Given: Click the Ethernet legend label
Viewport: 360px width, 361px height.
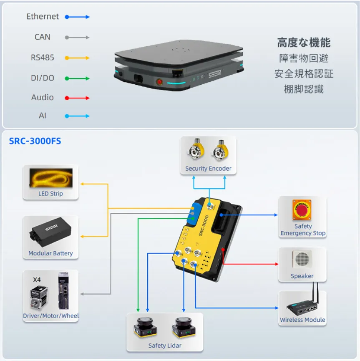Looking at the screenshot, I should pyautogui.click(x=43, y=17).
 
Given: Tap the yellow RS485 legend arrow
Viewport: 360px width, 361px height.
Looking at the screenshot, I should pyautogui.click(x=77, y=58).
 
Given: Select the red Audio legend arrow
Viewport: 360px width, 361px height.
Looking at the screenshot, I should pyautogui.click(x=77, y=98).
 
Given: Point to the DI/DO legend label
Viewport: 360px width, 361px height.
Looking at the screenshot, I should pyautogui.click(x=43, y=78).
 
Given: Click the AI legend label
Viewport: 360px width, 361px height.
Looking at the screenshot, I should pyautogui.click(x=43, y=116).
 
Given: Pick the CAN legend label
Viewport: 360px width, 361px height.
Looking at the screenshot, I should pyautogui.click(x=43, y=37).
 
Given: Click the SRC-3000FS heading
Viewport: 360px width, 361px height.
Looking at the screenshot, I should pyautogui.click(x=35, y=141).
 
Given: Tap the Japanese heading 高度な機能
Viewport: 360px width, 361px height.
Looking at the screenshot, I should pyautogui.click(x=304, y=43).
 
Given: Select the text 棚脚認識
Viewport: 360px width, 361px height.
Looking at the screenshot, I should pyautogui.click(x=304, y=89).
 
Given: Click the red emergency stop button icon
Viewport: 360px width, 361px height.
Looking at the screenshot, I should pyautogui.click(x=302, y=210).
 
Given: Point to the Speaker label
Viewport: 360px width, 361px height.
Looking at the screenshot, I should pyautogui.click(x=302, y=276).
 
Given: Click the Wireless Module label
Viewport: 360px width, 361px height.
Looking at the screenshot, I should pyautogui.click(x=302, y=320).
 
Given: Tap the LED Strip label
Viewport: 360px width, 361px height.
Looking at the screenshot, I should pyautogui.click(x=50, y=194).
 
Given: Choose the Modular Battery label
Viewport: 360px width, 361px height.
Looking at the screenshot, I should pyautogui.click(x=50, y=253).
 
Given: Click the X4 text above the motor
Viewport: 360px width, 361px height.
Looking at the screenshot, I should pyautogui.click(x=38, y=279).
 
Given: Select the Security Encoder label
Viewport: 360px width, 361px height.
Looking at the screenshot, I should pyautogui.click(x=208, y=169).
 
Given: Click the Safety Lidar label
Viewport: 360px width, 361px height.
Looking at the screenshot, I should pyautogui.click(x=165, y=346).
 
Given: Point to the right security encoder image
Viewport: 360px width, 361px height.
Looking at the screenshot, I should pyautogui.click(x=220, y=152).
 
